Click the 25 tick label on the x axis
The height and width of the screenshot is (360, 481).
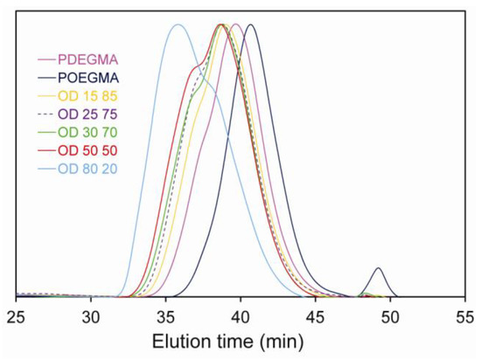click(x=17, y=315)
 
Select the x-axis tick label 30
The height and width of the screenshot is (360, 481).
click(x=92, y=315)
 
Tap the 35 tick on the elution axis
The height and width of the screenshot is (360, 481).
click(x=166, y=315)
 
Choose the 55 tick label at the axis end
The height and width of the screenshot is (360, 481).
click(x=465, y=315)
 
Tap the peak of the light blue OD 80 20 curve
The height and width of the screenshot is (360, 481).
click(x=178, y=24)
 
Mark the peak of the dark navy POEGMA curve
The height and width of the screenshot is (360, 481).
click(x=251, y=24)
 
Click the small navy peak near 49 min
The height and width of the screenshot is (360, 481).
click(x=378, y=268)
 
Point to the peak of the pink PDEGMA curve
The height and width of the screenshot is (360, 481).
click(x=235, y=24)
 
